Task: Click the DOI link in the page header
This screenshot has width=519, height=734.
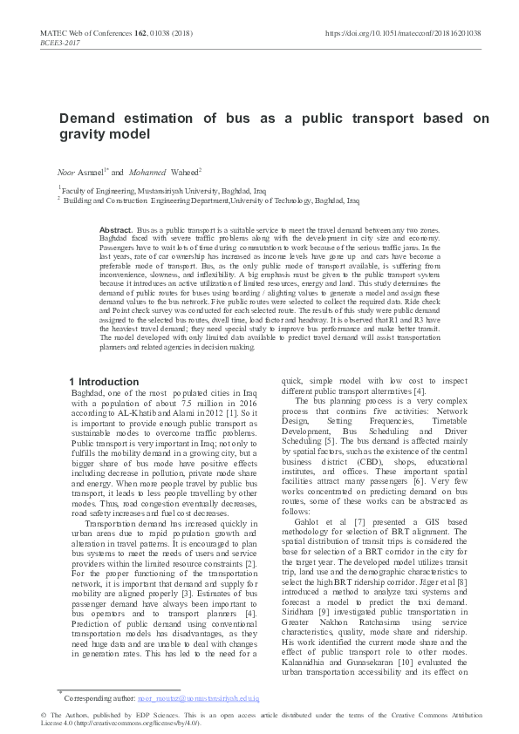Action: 402,32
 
